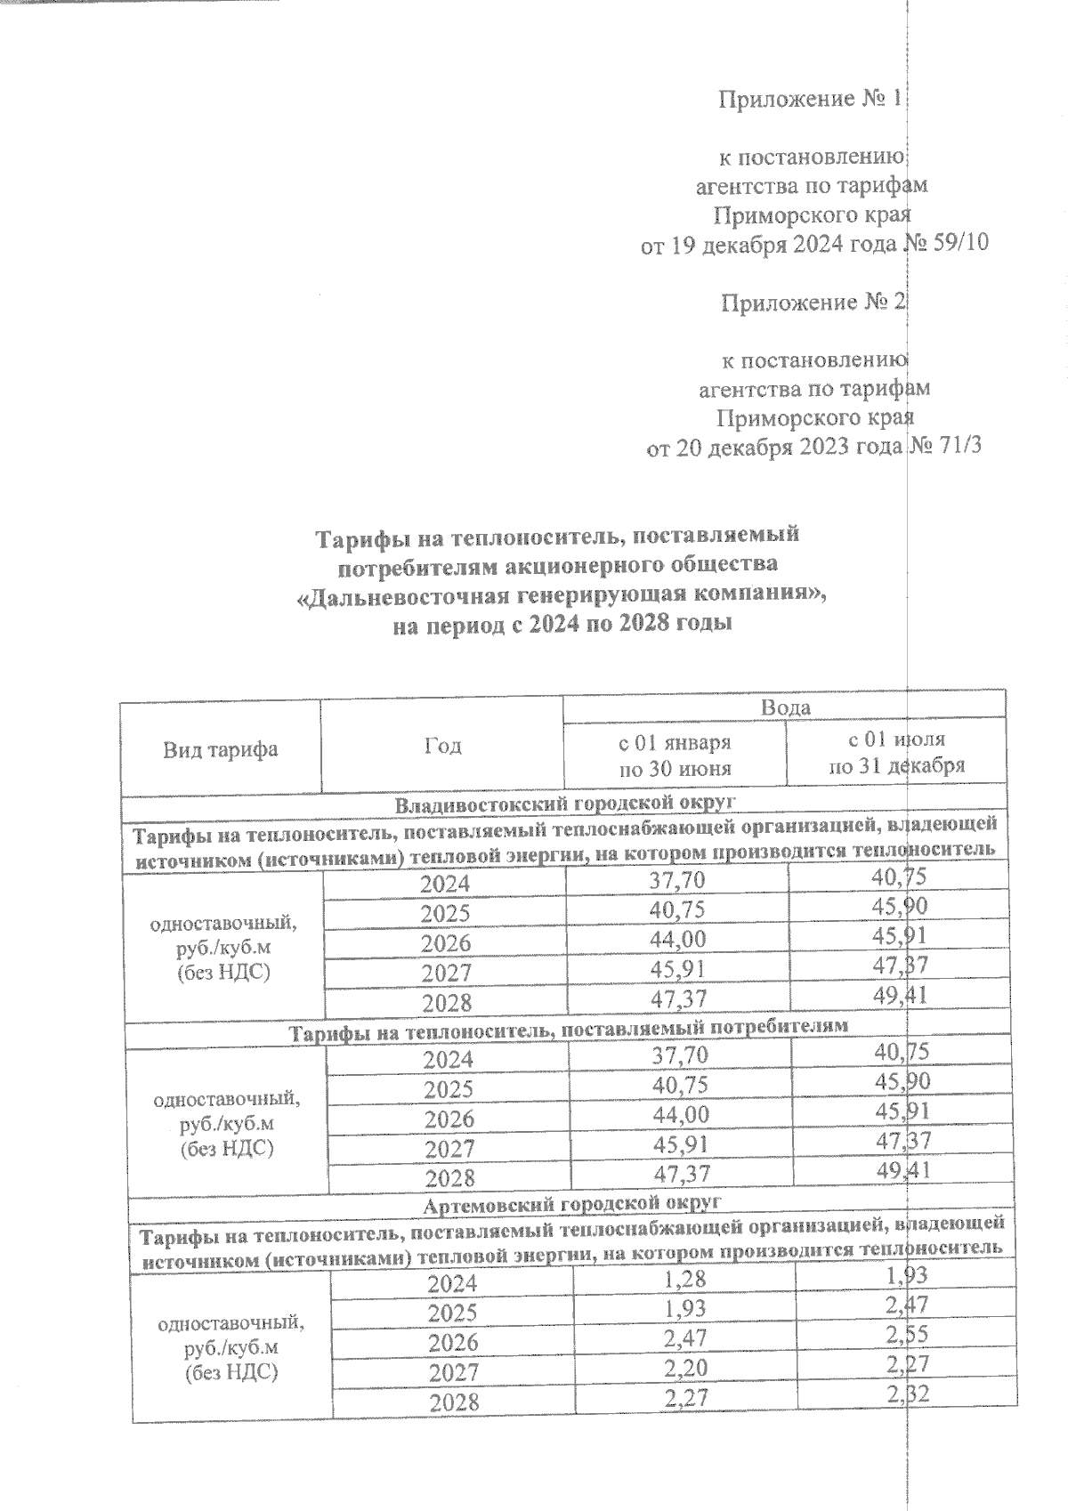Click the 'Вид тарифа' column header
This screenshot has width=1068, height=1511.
click(x=220, y=749)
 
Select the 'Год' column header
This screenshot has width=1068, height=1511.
click(x=442, y=746)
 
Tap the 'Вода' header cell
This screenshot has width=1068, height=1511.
click(x=785, y=707)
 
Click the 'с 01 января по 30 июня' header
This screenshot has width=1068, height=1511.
click(x=675, y=755)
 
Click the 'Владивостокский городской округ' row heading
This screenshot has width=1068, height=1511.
click(x=567, y=804)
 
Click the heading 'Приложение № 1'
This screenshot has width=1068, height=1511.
click(x=810, y=99)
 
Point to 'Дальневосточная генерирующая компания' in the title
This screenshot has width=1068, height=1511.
click(x=561, y=594)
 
